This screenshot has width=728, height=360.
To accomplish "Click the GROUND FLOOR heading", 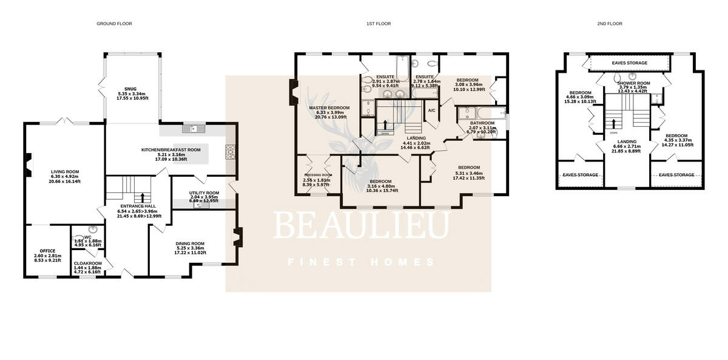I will point(114,24).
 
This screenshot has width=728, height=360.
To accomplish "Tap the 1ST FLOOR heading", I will point(378,24).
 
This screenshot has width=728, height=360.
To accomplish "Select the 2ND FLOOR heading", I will point(610,24).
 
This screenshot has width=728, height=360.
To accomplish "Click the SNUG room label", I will point(132,89).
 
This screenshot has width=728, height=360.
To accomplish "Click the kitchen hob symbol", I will point(231,152).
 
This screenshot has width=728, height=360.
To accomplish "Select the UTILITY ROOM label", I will point(204,193).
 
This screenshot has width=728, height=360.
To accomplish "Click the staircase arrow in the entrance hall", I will point(143,197).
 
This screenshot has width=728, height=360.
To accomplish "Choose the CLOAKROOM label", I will point(87,263).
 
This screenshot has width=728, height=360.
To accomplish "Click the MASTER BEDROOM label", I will point(326,108).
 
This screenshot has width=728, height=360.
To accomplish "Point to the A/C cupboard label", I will point(432,110).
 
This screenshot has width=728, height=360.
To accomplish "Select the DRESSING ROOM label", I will point(318,175).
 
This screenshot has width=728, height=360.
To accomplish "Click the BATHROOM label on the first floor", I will point(482,123).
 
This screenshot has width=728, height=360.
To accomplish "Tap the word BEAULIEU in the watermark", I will point(362,226).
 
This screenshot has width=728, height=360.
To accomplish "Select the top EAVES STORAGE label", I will point(630,63).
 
